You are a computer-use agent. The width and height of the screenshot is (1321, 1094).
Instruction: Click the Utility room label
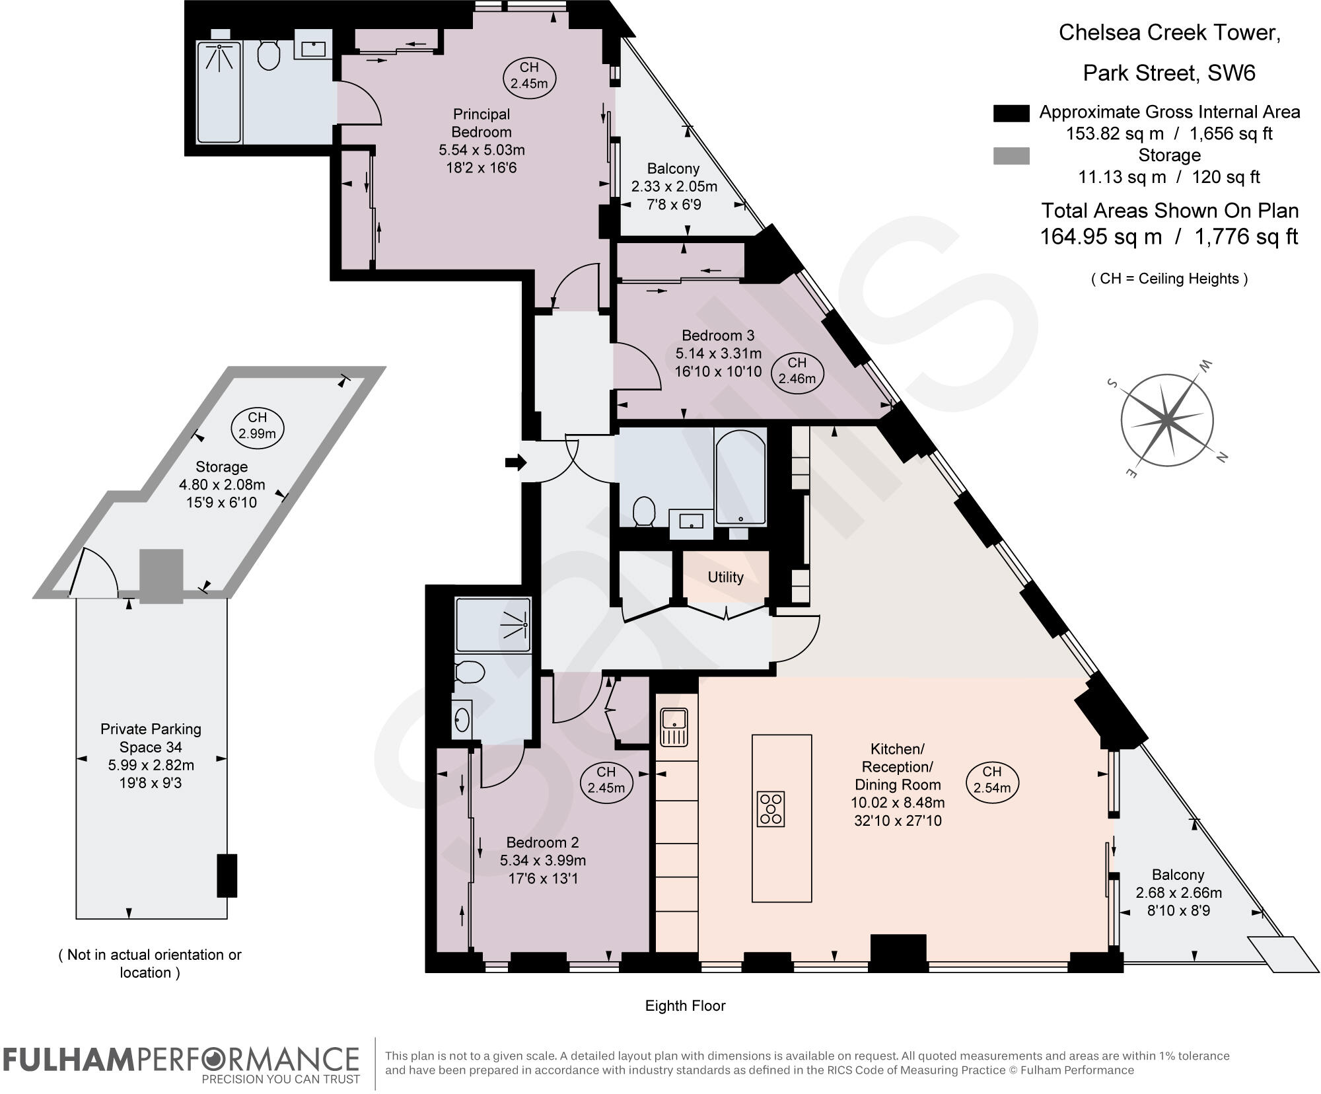point(725,577)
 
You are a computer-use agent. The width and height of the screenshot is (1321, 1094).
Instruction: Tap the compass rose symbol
point(1168,419)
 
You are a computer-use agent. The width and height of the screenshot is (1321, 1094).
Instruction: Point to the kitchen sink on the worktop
point(674,727)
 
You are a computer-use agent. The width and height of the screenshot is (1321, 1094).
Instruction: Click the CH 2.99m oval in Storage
point(258,426)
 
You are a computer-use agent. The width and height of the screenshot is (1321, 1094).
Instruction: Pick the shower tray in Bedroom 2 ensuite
point(493,625)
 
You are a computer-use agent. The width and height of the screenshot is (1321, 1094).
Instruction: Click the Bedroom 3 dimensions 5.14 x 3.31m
point(718,353)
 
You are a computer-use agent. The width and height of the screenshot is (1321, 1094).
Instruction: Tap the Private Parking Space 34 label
point(151,738)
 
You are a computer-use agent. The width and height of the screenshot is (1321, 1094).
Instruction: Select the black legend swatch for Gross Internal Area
point(1011,113)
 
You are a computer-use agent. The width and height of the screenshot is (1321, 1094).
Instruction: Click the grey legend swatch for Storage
point(1011,156)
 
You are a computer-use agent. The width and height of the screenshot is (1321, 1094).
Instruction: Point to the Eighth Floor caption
point(685,1005)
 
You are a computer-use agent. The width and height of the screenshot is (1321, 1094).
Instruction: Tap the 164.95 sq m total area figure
point(1100,236)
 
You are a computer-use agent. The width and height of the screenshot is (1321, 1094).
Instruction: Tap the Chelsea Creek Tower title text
point(1169,32)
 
